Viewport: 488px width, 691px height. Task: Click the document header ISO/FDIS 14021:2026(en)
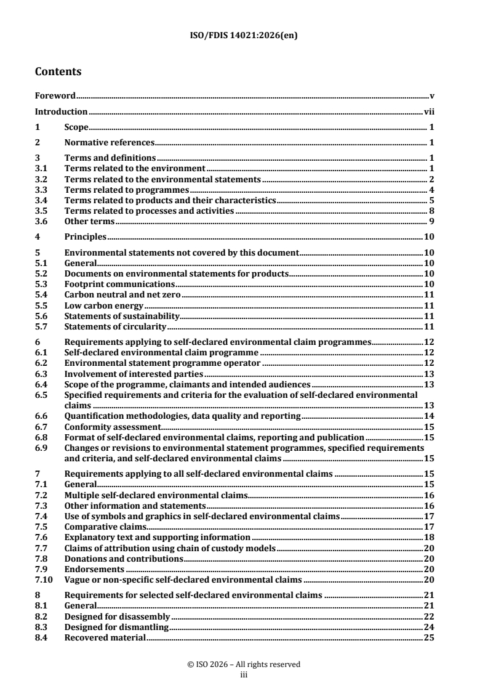pyautogui.click(x=244, y=35)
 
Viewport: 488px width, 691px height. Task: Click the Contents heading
pyautogui.click(x=58, y=72)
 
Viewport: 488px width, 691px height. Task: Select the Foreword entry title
pyautogui.click(x=55, y=96)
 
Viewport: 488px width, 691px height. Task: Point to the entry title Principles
pyautogui.click(x=86, y=236)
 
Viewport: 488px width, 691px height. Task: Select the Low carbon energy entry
pyautogui.click(x=103, y=305)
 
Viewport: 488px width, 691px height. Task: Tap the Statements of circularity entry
pyautogui.click(x=115, y=326)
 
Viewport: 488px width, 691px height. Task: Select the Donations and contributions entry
pyautogui.click(x=124, y=559)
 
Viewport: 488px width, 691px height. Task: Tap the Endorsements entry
pyautogui.click(x=94, y=569)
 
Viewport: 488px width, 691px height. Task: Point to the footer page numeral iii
pyautogui.click(x=244, y=674)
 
